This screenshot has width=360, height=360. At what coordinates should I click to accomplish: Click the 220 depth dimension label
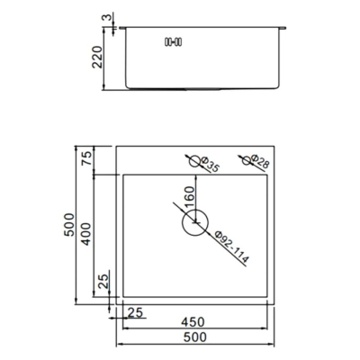coord(97,57)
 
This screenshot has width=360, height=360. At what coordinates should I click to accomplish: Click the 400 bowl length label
coord(86,234)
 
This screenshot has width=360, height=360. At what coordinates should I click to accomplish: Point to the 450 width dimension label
coord(193,322)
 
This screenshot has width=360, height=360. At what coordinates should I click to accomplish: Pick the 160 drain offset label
coord(190,197)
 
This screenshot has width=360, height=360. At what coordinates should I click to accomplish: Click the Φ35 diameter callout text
coord(210,165)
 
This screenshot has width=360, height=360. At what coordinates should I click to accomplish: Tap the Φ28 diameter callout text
coord(260,161)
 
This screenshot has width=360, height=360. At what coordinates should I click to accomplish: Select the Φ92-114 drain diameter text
coord(232,247)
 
